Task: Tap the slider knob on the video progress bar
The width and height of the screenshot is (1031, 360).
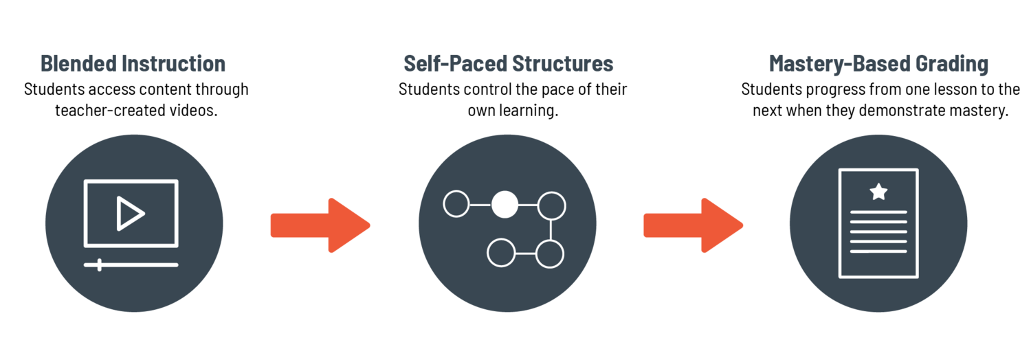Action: [100, 265]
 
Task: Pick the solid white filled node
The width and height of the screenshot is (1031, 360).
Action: [505, 204]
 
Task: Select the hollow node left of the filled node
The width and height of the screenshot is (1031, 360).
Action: [456, 204]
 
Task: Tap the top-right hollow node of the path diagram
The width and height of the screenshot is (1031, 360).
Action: [551, 205]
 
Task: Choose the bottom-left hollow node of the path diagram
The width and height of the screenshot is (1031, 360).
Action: [501, 253]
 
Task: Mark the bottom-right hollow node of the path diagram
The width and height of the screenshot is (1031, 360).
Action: [550, 254]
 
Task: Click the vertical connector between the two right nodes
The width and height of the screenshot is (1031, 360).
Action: [551, 229]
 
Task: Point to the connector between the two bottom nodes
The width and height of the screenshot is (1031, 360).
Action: [526, 254]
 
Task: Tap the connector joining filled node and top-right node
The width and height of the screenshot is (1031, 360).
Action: [528, 205]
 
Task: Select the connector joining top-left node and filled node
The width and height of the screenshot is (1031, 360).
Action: [480, 204]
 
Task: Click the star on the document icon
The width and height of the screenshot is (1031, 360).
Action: [878, 192]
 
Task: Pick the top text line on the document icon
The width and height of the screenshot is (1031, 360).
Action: [878, 212]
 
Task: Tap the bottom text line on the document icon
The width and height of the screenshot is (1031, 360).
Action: [878, 251]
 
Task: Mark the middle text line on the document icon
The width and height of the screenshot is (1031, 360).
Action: [878, 232]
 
